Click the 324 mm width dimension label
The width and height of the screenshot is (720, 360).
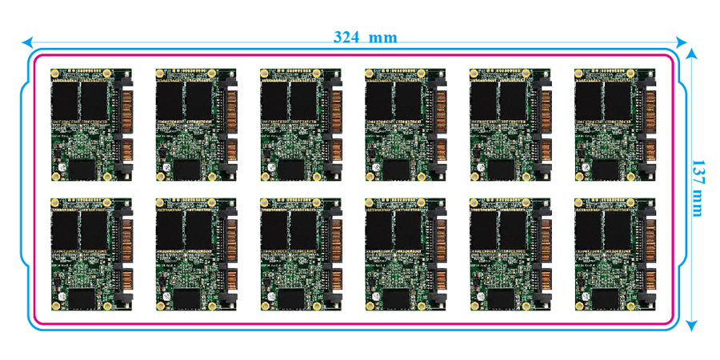click(365, 37)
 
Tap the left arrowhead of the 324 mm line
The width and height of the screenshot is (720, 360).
click(27, 41)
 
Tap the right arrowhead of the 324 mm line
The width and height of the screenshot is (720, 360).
click(682, 41)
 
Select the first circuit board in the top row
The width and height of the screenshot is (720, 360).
click(90, 125)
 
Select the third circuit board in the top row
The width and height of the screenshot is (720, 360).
click(300, 125)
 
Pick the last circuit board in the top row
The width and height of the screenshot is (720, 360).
click(614, 125)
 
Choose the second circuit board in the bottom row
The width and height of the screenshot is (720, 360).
click(195, 254)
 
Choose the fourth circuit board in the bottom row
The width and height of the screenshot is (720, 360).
click(405, 254)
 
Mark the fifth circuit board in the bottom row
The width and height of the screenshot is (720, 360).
click(510, 254)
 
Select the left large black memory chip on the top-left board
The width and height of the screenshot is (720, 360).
click(65, 100)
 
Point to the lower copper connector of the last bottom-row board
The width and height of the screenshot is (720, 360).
click(649, 281)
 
